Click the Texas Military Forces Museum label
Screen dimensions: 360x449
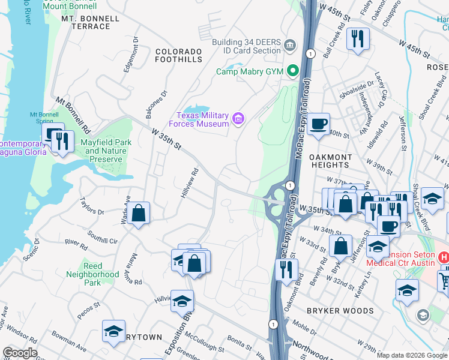(202, 119)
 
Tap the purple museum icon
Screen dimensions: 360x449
(238, 119)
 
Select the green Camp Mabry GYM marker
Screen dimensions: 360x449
(294, 71)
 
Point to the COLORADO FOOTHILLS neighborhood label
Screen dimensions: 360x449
(179, 55)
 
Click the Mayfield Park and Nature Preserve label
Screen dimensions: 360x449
(106, 147)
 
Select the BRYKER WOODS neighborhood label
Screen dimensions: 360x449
(340, 311)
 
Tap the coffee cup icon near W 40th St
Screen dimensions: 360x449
(318, 124)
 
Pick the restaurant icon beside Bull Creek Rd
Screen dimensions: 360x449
(358, 39)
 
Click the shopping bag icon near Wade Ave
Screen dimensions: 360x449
(138, 213)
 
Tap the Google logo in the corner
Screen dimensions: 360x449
(20, 353)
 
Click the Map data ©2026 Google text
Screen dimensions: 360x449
(412, 355)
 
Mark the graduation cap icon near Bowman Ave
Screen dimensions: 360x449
(113, 331)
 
